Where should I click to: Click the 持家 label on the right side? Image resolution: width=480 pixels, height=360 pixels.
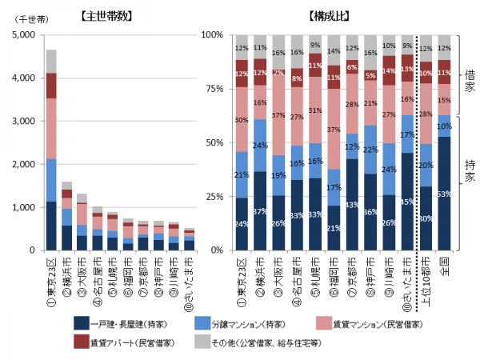[x=470, y=170]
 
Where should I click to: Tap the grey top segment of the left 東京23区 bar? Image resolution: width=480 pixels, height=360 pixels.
[x=51, y=61]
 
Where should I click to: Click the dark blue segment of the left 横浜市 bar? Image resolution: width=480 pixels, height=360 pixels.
[x=67, y=238]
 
